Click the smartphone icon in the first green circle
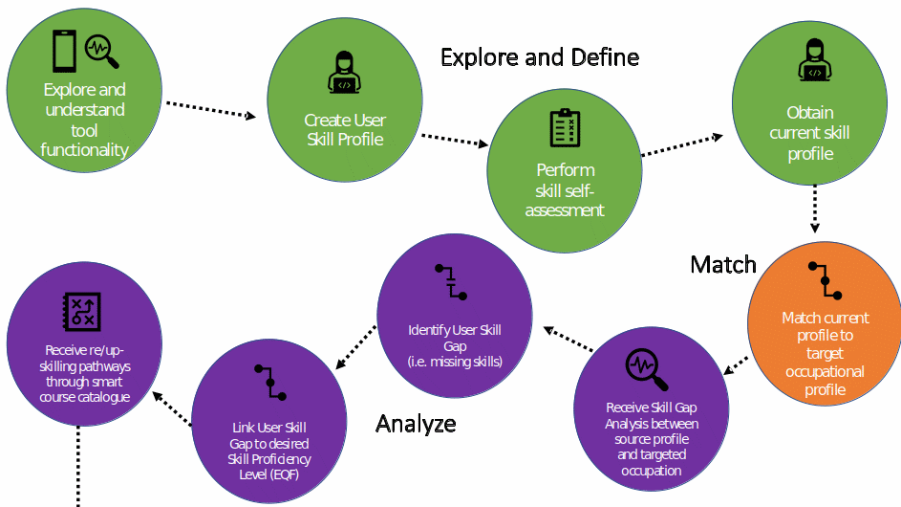(64, 52)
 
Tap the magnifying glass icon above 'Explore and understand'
(101, 52)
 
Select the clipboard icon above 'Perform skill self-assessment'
(565, 128)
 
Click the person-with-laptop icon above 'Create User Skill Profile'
(344, 73)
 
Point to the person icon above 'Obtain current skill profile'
(815, 60)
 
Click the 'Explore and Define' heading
(540, 57)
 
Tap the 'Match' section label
(723, 265)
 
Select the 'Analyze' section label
(416, 424)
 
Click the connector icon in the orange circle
(826, 281)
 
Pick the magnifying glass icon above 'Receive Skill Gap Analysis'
(647, 369)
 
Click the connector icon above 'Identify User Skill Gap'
(451, 282)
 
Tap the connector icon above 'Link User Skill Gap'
(270, 382)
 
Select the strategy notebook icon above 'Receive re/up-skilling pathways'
(81, 312)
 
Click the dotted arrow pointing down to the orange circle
(815, 209)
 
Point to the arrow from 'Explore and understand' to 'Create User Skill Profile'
(211, 110)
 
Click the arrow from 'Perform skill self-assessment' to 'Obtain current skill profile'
(682, 145)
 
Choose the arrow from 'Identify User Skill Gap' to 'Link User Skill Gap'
(355, 347)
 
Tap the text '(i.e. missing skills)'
(455, 362)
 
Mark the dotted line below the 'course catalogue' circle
(78, 466)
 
